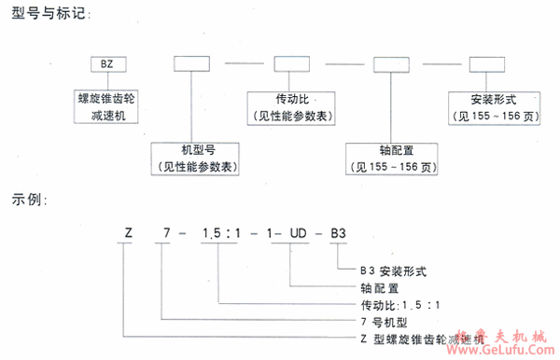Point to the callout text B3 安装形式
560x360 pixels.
pos(393,271)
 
